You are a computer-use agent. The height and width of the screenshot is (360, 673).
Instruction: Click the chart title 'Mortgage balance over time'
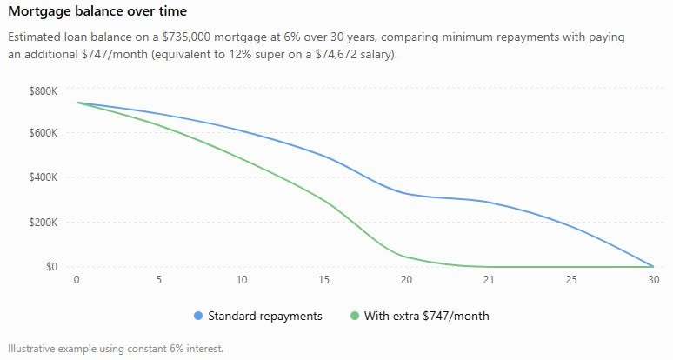click(x=97, y=11)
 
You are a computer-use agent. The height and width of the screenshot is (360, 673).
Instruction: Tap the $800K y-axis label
click(x=43, y=91)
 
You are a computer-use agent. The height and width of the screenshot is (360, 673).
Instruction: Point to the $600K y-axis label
click(x=43, y=132)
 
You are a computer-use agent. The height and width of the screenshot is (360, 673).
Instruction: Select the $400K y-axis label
click(x=43, y=177)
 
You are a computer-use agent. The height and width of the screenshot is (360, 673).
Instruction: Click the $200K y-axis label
click(x=43, y=223)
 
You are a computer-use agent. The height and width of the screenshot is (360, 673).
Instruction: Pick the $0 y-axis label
click(x=51, y=266)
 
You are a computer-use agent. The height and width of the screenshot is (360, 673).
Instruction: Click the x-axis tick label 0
click(x=77, y=280)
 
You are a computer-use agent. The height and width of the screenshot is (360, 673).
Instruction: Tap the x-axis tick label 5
click(x=159, y=280)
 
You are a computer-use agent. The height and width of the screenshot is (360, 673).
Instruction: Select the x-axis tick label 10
click(x=241, y=280)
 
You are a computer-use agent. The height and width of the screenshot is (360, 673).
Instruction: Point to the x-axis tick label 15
click(x=323, y=280)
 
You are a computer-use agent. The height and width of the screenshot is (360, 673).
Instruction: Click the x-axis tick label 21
click(x=489, y=280)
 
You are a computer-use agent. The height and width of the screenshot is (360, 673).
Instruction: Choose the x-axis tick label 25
click(x=571, y=280)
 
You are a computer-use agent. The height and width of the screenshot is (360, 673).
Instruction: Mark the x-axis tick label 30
click(x=653, y=280)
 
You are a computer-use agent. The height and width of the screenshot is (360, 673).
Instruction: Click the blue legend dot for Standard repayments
click(x=198, y=316)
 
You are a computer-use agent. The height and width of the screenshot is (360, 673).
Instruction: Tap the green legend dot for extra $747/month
click(x=355, y=316)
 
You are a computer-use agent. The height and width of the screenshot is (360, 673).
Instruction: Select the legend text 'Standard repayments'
click(x=265, y=317)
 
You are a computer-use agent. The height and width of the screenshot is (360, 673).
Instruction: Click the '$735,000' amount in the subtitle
click(x=186, y=37)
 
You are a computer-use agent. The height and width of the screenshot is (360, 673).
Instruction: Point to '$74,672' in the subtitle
click(x=336, y=56)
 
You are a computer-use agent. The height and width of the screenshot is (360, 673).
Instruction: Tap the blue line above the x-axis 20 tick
click(x=406, y=194)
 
